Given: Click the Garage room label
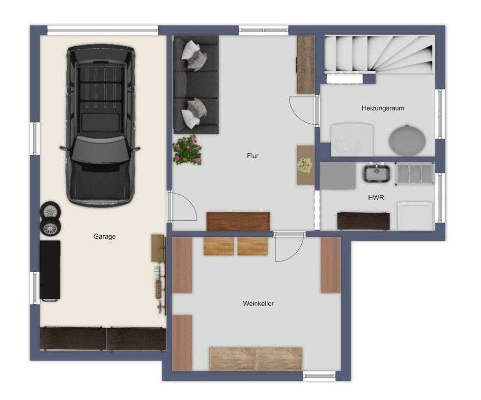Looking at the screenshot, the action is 105,236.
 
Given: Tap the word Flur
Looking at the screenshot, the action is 253,156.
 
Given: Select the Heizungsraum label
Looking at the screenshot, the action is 383,108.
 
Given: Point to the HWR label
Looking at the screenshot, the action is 376,198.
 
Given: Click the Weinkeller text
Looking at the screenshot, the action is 258,304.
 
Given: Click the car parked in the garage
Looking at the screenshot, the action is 100,126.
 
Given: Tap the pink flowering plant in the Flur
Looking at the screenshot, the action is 187,150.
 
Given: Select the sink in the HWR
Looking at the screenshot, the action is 376,173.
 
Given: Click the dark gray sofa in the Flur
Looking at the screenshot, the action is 196,85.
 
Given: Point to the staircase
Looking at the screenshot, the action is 380,55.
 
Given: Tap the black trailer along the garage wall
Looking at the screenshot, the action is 50,270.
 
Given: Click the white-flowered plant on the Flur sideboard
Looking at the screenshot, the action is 305,166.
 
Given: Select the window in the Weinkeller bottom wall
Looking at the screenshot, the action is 319,376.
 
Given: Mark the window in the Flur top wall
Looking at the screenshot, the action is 263,30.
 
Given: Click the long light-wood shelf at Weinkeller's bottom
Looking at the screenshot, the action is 256,359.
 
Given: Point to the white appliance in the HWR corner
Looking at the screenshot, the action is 415,216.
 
